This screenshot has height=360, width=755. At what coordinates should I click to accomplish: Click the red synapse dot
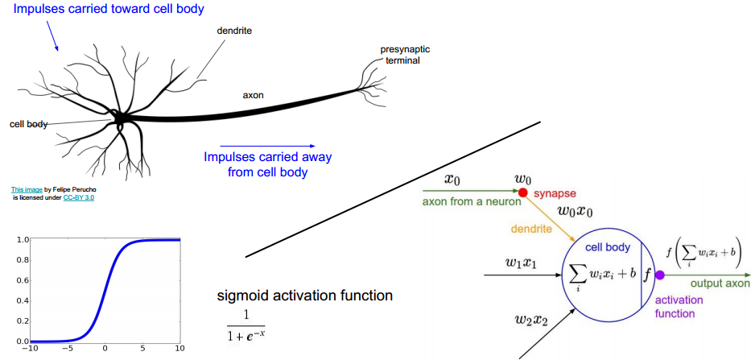point(522,193)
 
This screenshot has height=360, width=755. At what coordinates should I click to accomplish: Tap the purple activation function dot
point(659,275)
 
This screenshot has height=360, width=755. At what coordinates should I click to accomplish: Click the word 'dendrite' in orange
point(530,229)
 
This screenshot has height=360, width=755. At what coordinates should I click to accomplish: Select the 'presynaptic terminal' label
point(401,55)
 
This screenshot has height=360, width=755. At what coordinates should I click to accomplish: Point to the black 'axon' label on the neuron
point(254,95)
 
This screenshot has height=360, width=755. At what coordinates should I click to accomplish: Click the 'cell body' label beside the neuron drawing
point(28,124)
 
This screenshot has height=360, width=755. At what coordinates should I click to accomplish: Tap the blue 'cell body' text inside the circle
point(608,247)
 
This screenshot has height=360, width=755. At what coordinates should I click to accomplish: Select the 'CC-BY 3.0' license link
point(79,197)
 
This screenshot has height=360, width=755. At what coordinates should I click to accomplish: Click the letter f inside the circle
point(647,274)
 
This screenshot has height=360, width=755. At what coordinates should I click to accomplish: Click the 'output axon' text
point(720,283)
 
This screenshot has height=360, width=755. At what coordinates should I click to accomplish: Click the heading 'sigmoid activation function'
point(305,296)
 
